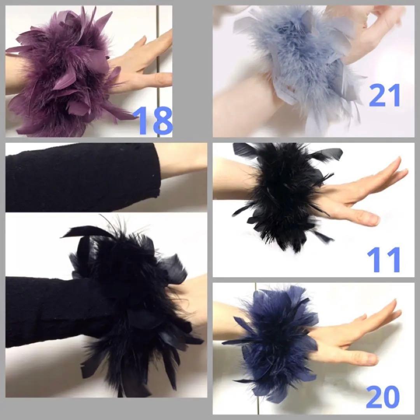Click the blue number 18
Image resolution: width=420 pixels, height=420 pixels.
point(152,120)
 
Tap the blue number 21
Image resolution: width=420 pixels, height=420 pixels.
point(385,95)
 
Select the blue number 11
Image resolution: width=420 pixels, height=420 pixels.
point(383,259)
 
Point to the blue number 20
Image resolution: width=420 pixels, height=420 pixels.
point(383,397)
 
